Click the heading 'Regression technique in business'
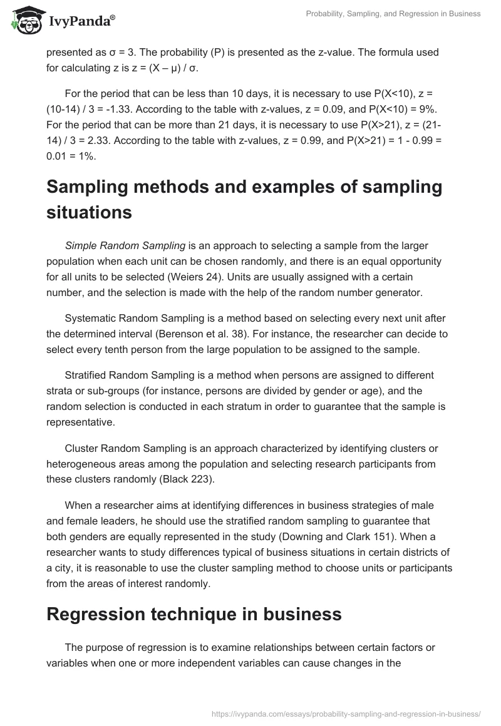[x=194, y=614]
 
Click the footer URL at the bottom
[x=346, y=713]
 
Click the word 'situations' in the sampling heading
[x=90, y=212]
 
